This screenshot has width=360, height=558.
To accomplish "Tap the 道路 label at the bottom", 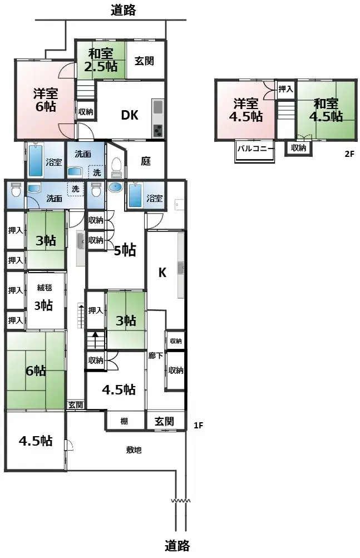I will (x=179, y=545).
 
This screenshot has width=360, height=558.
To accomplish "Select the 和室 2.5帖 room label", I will (x=101, y=60).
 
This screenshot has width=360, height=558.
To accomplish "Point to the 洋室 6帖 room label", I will (x=46, y=99).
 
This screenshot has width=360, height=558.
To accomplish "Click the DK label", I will (x=130, y=115).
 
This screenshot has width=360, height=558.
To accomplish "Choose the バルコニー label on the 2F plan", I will (x=255, y=149).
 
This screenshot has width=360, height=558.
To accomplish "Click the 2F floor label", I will (x=349, y=154).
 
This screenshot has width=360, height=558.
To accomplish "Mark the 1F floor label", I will (x=198, y=426).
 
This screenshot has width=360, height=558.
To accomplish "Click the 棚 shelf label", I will (x=124, y=422).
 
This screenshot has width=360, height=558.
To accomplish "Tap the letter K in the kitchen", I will (x=162, y=273).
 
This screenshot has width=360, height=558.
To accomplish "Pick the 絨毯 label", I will (x=44, y=288).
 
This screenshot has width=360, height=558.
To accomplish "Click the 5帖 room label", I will (x=126, y=250).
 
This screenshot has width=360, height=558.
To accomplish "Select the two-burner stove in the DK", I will (x=157, y=131).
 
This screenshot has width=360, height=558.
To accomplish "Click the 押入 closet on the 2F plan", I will (x=285, y=88).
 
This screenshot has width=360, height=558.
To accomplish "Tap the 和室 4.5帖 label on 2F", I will (x=326, y=110).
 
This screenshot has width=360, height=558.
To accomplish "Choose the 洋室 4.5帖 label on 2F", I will (x=245, y=110).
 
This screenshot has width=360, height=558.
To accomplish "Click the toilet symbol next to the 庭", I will (x=116, y=166).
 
